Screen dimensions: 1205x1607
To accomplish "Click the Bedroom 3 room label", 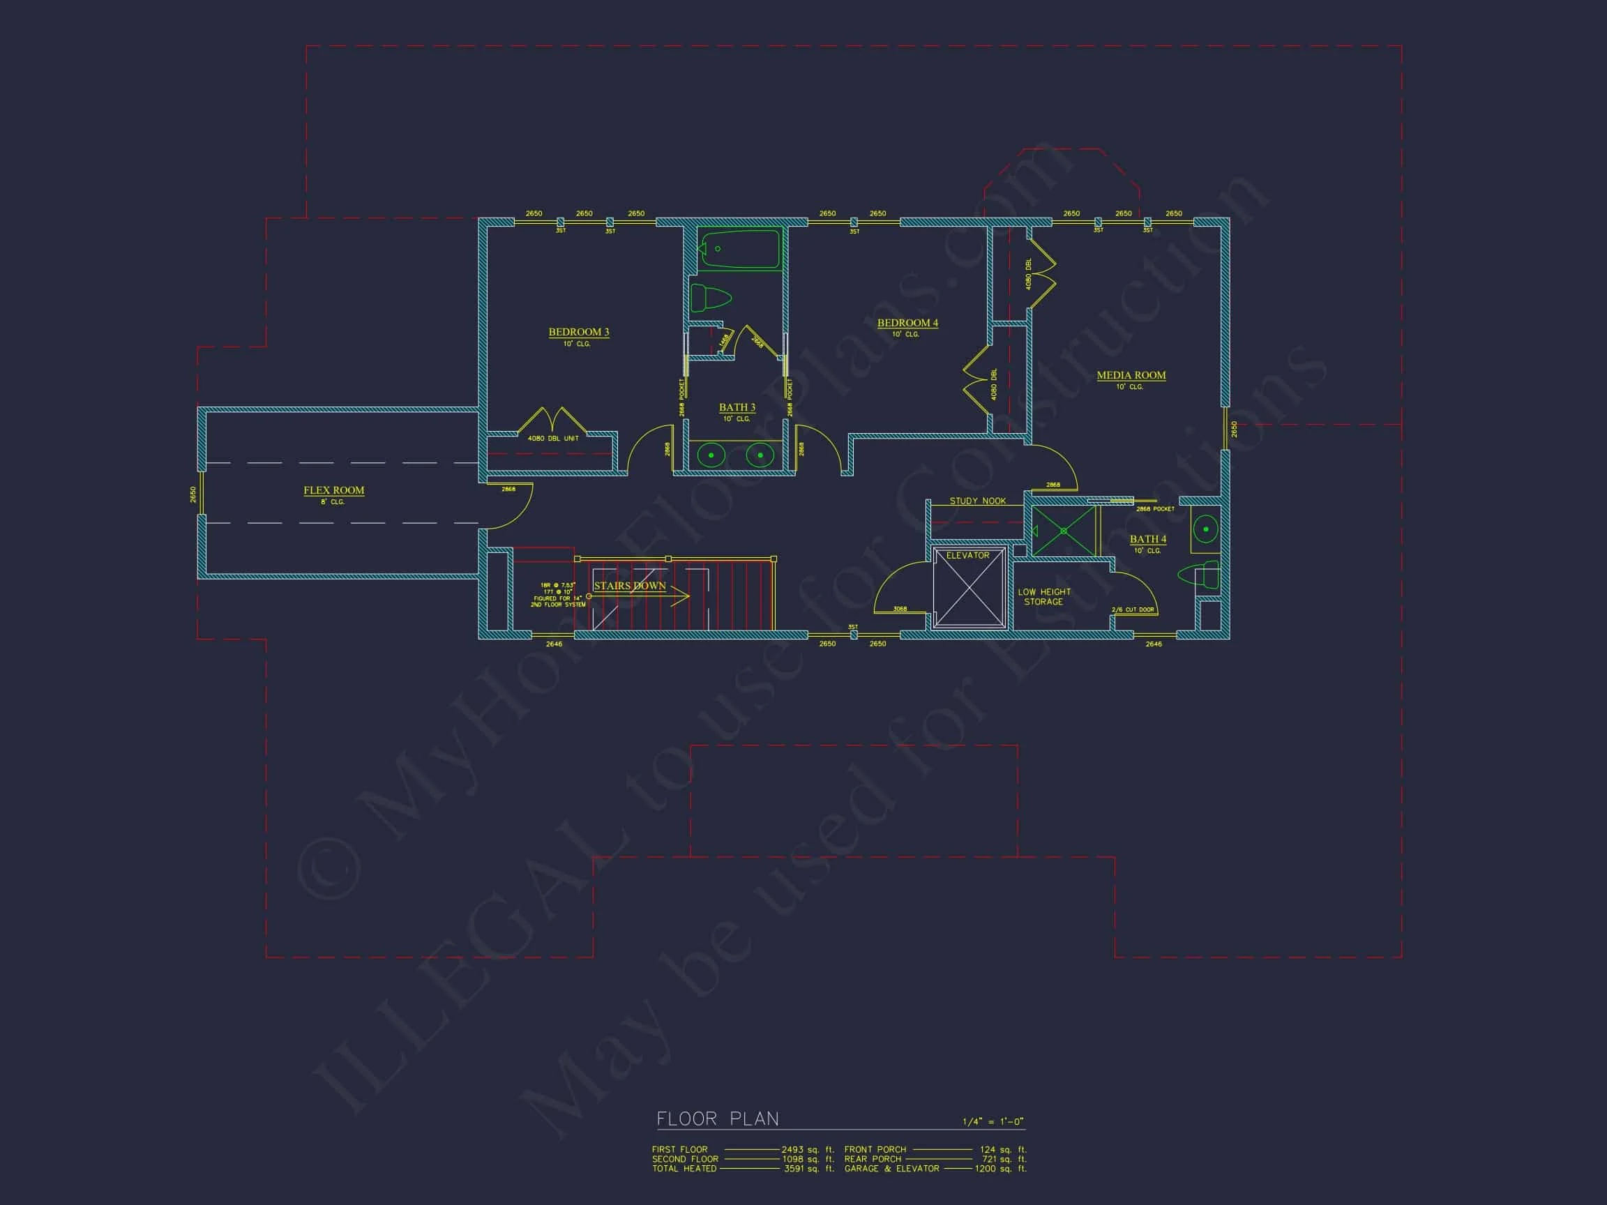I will [x=578, y=332].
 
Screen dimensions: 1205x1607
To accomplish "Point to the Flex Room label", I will [x=333, y=490].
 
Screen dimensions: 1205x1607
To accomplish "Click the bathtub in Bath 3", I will [x=739, y=249].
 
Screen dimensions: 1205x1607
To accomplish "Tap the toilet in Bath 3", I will [x=710, y=298].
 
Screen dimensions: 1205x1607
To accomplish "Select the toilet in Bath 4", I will [x=1200, y=575].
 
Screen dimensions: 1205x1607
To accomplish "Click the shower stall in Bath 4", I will [x=1064, y=531].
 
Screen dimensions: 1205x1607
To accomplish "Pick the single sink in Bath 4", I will [x=1205, y=529].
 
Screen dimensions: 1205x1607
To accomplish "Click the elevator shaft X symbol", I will [x=968, y=589].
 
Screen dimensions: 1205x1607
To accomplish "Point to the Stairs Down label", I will [x=629, y=586].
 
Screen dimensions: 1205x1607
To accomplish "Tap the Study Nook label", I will [x=977, y=501].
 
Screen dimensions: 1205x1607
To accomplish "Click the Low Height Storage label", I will [x=1044, y=596].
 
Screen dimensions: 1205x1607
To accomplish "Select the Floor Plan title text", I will [x=717, y=1119].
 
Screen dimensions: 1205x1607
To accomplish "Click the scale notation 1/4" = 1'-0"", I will [x=993, y=1122].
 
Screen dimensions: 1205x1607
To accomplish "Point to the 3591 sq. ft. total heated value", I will [x=808, y=1169].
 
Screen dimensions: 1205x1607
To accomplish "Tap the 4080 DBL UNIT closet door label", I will [x=553, y=439].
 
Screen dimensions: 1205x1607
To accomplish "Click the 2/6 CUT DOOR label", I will [x=1133, y=609].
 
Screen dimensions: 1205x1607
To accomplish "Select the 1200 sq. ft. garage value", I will [x=1000, y=1169].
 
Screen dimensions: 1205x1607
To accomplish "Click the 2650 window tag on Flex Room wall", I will [x=193, y=494].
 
